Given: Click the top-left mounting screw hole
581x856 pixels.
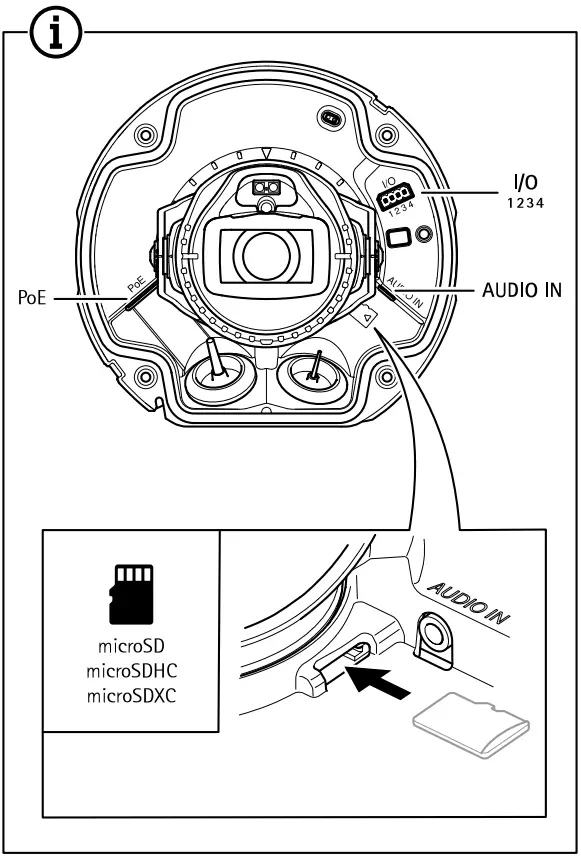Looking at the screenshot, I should (x=146, y=134).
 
